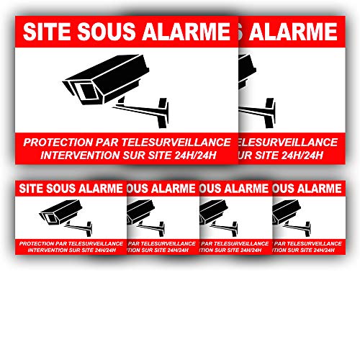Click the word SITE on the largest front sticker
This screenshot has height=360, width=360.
click(x=44, y=32)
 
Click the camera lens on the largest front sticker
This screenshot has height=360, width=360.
click(x=82, y=91)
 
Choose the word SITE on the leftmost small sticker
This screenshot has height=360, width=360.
click(x=30, y=190)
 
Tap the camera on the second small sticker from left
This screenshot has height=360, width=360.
click(x=140, y=213)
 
